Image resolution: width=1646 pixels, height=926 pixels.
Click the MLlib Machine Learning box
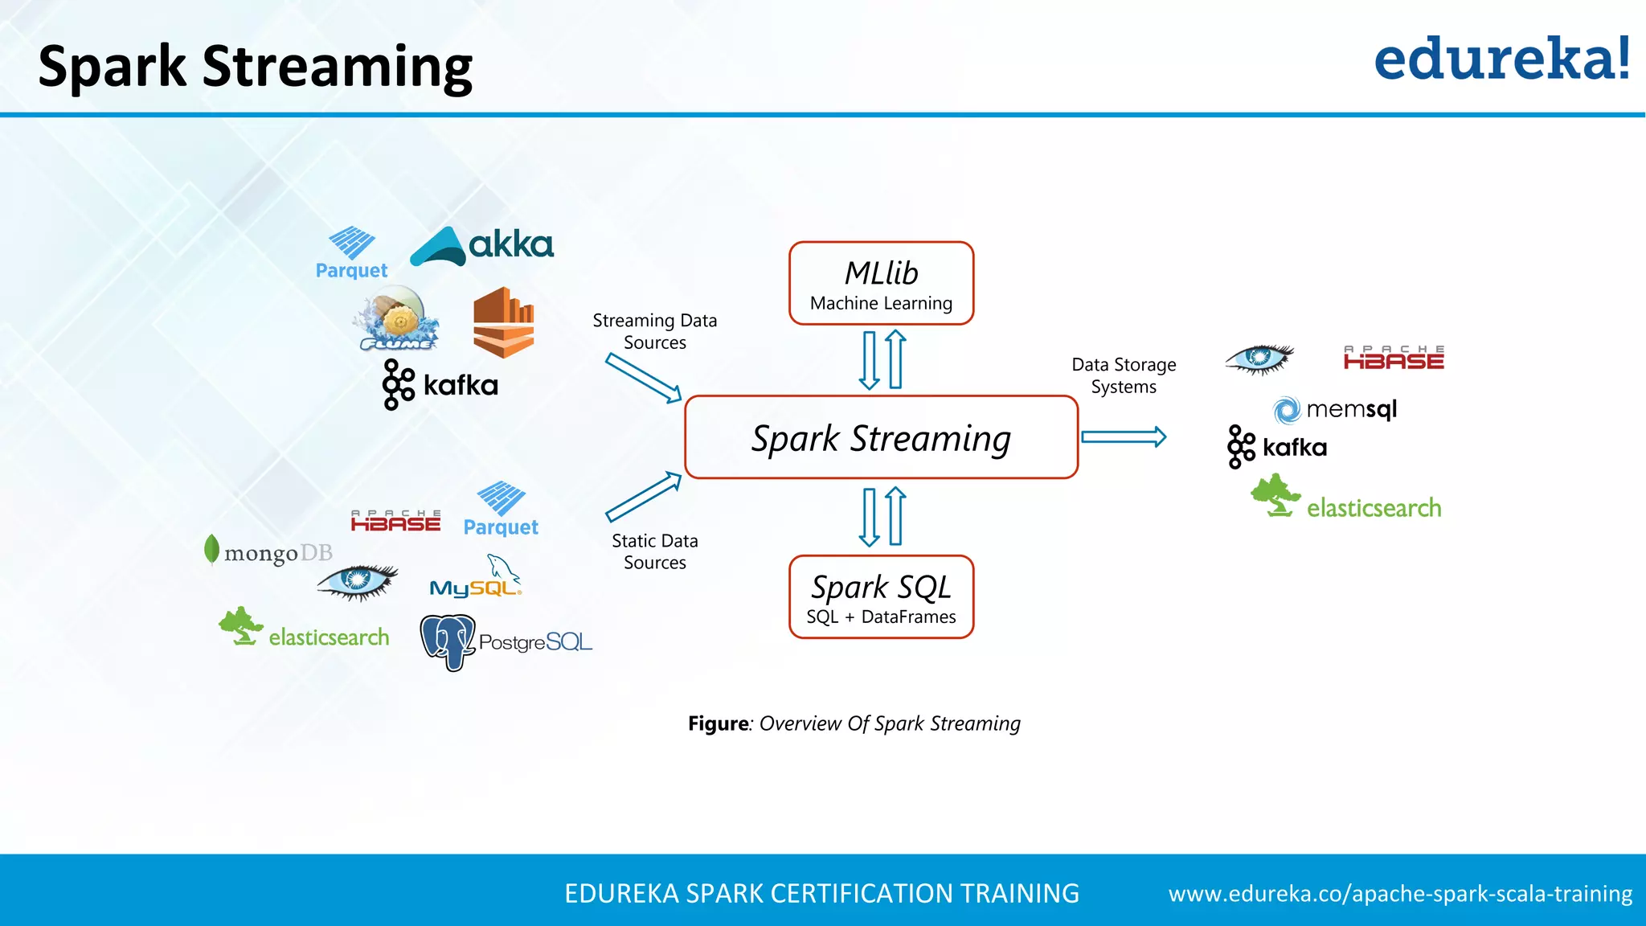881,284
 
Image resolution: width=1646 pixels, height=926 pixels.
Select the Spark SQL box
881,597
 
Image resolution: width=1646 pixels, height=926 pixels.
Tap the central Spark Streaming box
881,437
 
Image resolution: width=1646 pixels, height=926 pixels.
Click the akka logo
482,245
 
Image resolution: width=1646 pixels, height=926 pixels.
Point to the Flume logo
397,320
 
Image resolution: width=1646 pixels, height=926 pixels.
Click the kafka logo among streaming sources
440,385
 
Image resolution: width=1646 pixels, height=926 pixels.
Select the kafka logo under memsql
1277,447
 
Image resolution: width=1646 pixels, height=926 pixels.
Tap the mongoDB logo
268,552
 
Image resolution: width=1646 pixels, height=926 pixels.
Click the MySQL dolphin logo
476,577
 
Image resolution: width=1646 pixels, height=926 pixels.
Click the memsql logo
1336,409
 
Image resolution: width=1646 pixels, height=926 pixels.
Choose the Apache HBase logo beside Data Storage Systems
1394,358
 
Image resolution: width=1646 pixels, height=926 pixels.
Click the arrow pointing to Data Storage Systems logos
1124,437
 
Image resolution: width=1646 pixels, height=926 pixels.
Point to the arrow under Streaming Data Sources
644,378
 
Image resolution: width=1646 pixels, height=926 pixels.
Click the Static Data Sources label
655,551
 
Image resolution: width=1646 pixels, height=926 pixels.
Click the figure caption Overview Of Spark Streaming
854,723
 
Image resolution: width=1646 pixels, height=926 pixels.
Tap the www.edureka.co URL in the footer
1400,894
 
